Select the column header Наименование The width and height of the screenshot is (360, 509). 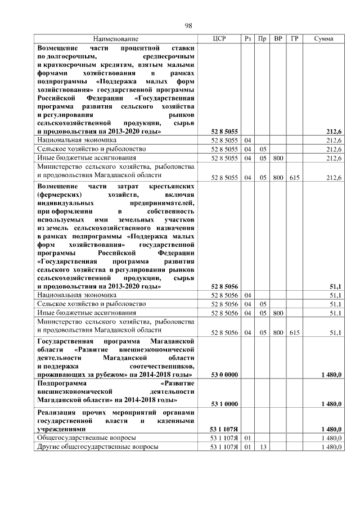point(115,39)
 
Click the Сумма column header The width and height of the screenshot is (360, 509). point(323,39)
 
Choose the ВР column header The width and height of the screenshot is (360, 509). point(278,39)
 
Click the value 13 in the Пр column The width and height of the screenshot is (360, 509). point(262,447)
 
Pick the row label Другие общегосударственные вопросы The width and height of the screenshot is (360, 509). point(97,447)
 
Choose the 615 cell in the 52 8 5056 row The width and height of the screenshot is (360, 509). point(294,333)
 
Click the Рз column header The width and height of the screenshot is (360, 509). point(248,39)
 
